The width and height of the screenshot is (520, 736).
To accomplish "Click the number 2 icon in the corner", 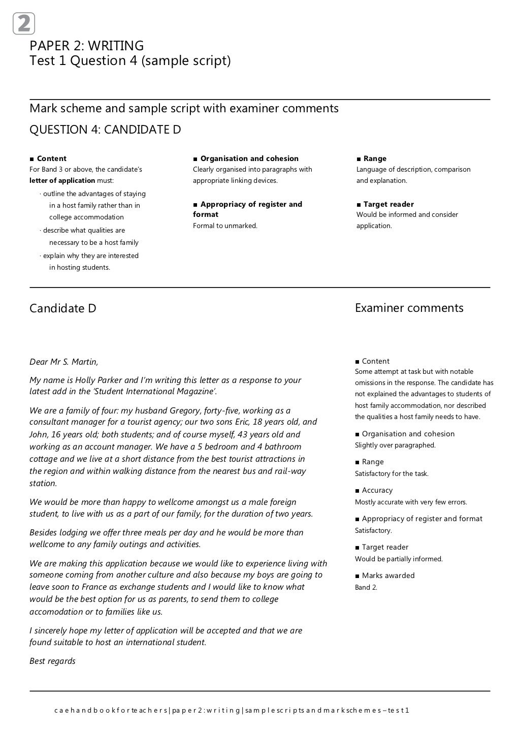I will (x=24, y=24).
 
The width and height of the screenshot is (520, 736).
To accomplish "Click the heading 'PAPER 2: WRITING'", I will (x=86, y=46).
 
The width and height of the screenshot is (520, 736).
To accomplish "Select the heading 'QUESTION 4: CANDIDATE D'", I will (x=105, y=130).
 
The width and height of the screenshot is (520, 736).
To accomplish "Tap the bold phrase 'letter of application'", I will (x=62, y=180).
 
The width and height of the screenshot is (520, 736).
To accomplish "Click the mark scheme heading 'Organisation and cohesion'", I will (x=249, y=158).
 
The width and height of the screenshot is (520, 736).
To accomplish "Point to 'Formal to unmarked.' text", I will (x=225, y=226).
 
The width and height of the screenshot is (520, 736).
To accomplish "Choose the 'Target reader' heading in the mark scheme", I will (x=388, y=204).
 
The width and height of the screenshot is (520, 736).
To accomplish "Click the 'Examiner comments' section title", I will (x=409, y=308).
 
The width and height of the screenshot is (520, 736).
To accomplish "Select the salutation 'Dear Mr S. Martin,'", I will (x=64, y=362).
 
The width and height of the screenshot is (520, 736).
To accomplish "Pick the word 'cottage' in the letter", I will (x=44, y=459).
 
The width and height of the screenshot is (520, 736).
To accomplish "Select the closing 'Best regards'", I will (x=52, y=661).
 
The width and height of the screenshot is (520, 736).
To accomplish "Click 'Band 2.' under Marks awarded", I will (x=366, y=587).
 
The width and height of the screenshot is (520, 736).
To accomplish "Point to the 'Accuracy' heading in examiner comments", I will (x=377, y=490).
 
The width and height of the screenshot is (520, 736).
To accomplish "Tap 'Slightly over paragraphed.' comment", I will (x=395, y=445).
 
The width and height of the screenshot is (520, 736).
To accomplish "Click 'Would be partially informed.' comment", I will (x=399, y=559).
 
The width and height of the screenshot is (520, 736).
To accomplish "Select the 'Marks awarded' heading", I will (x=388, y=575).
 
